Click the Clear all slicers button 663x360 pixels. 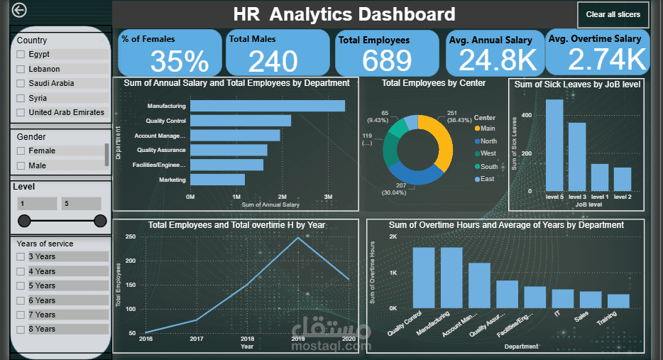click(x=613, y=14)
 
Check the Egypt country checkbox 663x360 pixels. click(x=21, y=54)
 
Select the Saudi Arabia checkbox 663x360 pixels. click(x=21, y=83)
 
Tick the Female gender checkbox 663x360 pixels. click(x=21, y=151)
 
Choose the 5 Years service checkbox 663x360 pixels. click(x=21, y=285)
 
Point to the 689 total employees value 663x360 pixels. click(x=387, y=61)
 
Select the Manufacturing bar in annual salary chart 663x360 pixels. click(x=267, y=106)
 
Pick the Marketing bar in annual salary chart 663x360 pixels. click(x=217, y=180)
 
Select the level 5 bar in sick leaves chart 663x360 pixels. click(x=554, y=142)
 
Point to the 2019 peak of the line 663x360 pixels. click(x=298, y=237)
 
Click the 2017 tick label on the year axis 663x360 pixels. click(x=197, y=339)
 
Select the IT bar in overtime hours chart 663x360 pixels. click(x=563, y=298)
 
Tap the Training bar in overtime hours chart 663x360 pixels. click(x=618, y=301)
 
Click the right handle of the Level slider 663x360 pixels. click(x=100, y=221)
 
